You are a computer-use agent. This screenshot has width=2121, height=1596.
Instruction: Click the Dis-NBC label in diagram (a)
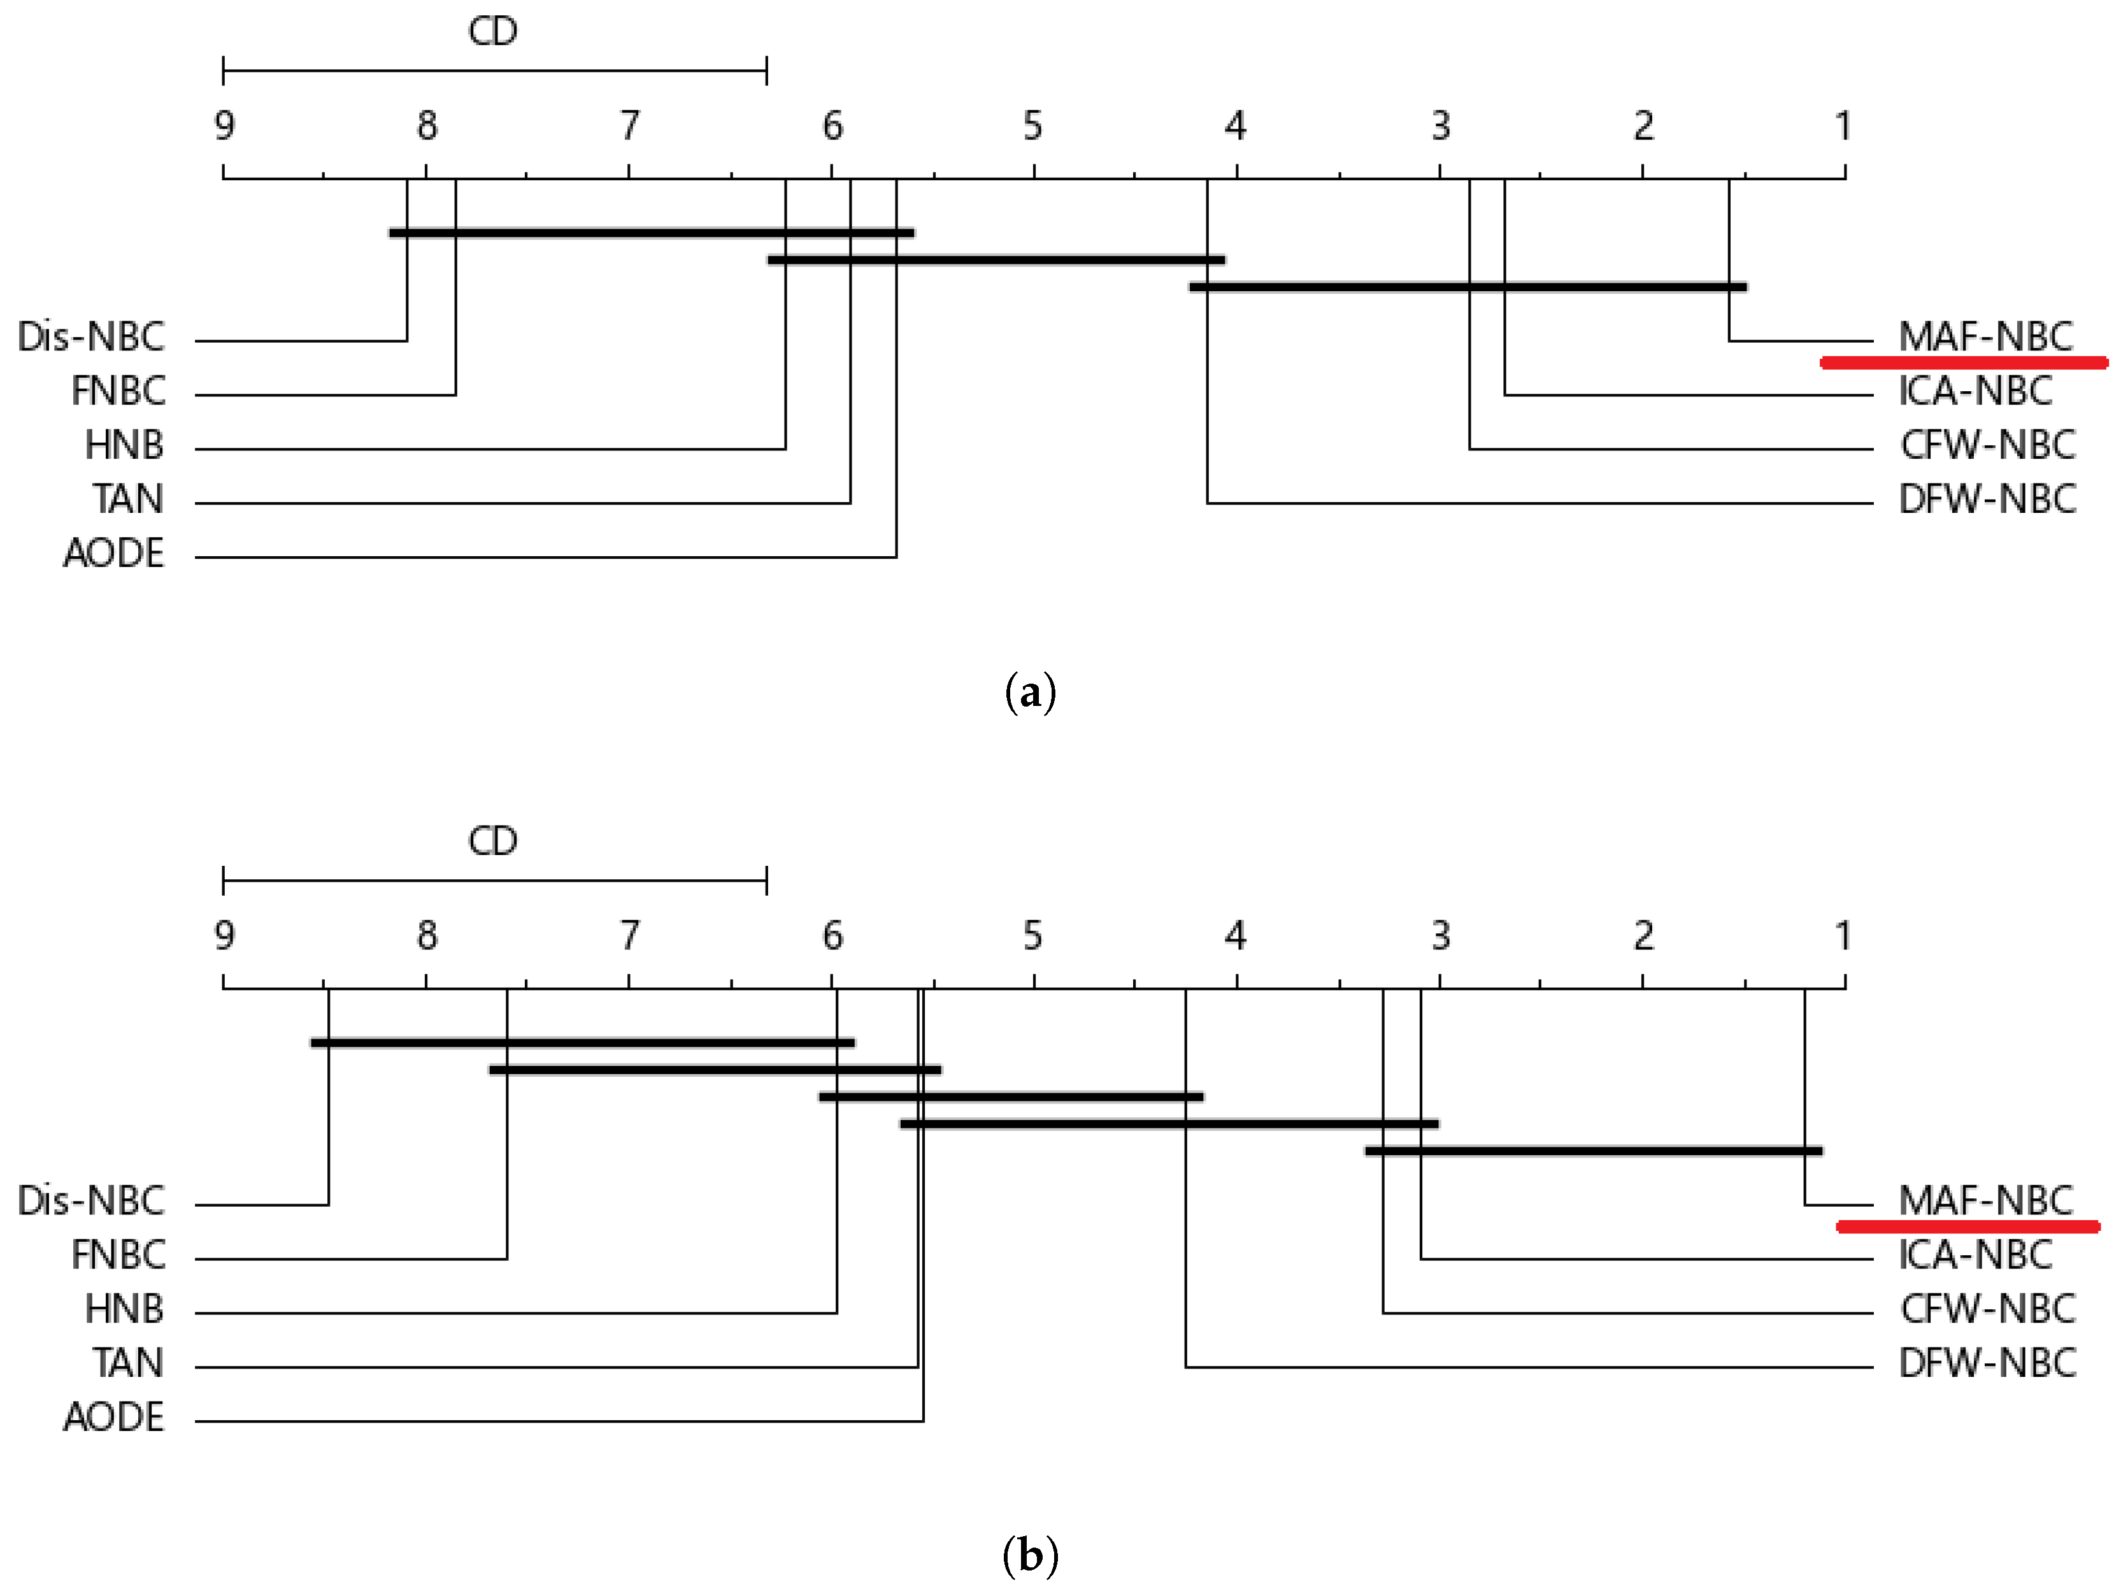pyautogui.click(x=91, y=336)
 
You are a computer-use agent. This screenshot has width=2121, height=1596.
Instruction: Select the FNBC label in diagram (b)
pyautogui.click(x=118, y=1255)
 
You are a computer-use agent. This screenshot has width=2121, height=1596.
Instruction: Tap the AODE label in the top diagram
pyautogui.click(x=113, y=554)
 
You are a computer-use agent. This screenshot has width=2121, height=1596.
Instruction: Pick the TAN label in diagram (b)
pyautogui.click(x=127, y=1363)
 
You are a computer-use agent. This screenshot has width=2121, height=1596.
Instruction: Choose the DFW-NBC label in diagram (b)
pyautogui.click(x=1987, y=1363)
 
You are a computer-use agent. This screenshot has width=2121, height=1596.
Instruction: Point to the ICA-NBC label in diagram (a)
pyautogui.click(x=1975, y=391)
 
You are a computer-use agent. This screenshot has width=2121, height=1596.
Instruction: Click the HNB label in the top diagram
pyautogui.click(x=124, y=445)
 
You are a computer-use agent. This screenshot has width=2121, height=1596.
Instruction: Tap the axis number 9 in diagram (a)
pyautogui.click(x=224, y=126)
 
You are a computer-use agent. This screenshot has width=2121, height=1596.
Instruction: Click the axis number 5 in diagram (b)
pyautogui.click(x=1032, y=936)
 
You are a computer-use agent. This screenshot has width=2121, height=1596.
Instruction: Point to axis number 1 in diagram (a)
pyautogui.click(x=1842, y=126)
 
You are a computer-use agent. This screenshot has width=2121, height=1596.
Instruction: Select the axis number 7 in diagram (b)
pyautogui.click(x=629, y=936)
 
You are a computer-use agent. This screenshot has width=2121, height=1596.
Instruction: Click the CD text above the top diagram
pyautogui.click(x=493, y=32)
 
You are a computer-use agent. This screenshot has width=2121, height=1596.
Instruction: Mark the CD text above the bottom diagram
pyautogui.click(x=493, y=841)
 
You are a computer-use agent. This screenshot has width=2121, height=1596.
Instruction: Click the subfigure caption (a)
pyautogui.click(x=1031, y=691)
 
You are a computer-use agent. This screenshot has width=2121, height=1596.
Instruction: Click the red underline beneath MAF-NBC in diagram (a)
pyautogui.click(x=1963, y=363)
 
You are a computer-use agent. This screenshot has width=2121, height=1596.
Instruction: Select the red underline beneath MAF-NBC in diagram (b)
pyautogui.click(x=1967, y=1226)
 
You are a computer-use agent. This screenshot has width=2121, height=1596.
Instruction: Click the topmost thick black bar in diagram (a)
pyautogui.click(x=651, y=232)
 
